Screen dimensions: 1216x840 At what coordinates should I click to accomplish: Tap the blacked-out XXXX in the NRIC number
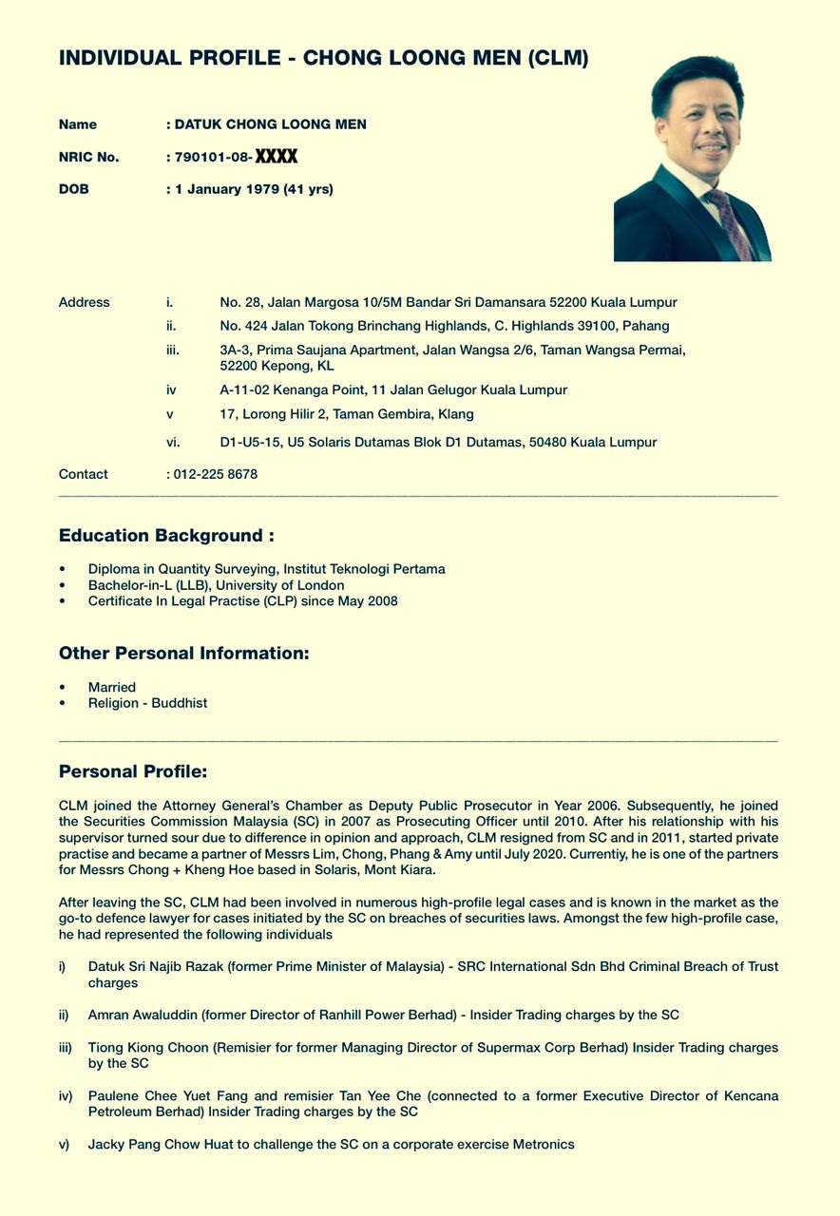(x=277, y=157)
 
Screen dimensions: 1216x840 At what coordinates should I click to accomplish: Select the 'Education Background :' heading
(x=166, y=536)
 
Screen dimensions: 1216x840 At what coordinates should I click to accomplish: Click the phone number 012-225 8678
(x=216, y=474)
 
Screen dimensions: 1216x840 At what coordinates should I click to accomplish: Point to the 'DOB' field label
(x=74, y=189)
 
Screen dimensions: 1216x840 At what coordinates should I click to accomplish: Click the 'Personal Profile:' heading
(x=133, y=770)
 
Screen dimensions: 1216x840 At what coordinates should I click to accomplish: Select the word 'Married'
(x=112, y=687)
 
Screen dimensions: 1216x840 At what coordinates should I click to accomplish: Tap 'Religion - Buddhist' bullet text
(x=147, y=703)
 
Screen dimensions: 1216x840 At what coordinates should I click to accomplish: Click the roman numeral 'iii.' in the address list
(x=173, y=350)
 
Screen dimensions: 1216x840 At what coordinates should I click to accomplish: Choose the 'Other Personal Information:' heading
(x=183, y=654)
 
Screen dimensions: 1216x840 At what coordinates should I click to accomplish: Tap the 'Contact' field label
(x=84, y=474)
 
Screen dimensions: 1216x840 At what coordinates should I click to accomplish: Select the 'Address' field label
(x=85, y=302)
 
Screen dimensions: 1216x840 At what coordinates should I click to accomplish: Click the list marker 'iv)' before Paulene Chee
(x=66, y=1095)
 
